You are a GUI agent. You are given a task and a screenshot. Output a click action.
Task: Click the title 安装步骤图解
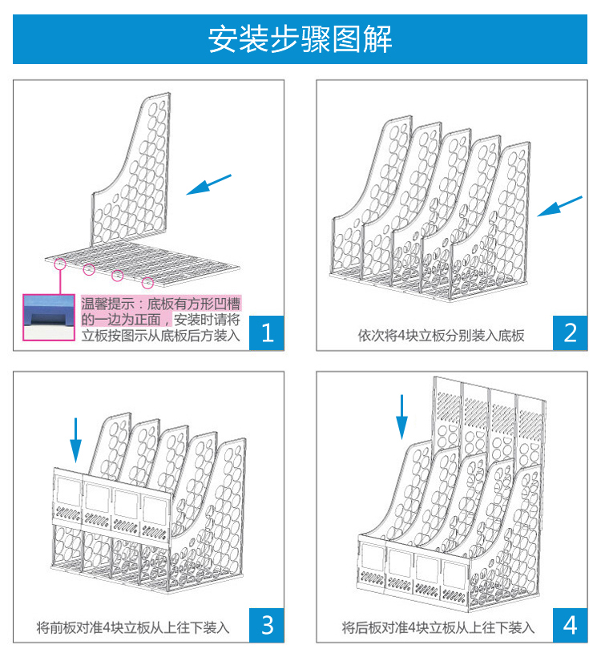300,38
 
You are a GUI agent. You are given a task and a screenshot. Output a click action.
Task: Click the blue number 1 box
268,332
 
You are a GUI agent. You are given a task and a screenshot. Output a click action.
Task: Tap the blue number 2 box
571,332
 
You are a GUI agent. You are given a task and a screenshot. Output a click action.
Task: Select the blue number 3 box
268,624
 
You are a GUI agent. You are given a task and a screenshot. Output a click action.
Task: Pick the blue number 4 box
571,624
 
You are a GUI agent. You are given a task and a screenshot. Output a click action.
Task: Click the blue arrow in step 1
209,184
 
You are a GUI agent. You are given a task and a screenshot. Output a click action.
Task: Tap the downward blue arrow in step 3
75,439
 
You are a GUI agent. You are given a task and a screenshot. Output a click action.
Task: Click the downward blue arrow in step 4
403,417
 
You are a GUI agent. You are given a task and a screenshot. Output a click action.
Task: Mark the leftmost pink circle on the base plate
59,261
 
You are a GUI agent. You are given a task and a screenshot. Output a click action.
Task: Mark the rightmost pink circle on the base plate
147,282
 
